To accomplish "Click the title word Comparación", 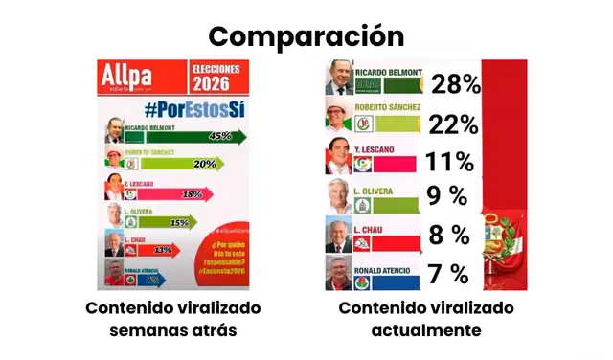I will (x=306, y=35).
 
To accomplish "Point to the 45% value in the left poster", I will (x=219, y=136).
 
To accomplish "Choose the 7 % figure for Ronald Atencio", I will (x=448, y=274).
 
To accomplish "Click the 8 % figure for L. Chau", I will (x=448, y=236).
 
